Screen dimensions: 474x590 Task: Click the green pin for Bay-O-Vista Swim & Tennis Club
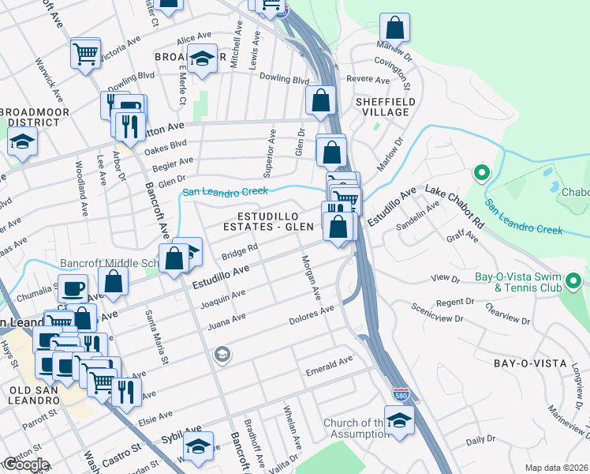(573, 280)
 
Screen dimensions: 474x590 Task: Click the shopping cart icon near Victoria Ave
(85, 53)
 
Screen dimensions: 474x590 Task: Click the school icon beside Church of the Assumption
(399, 419)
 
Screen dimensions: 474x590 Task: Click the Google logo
(25, 465)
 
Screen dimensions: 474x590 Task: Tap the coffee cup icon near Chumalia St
(73, 288)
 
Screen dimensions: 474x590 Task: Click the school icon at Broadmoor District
(22, 142)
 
